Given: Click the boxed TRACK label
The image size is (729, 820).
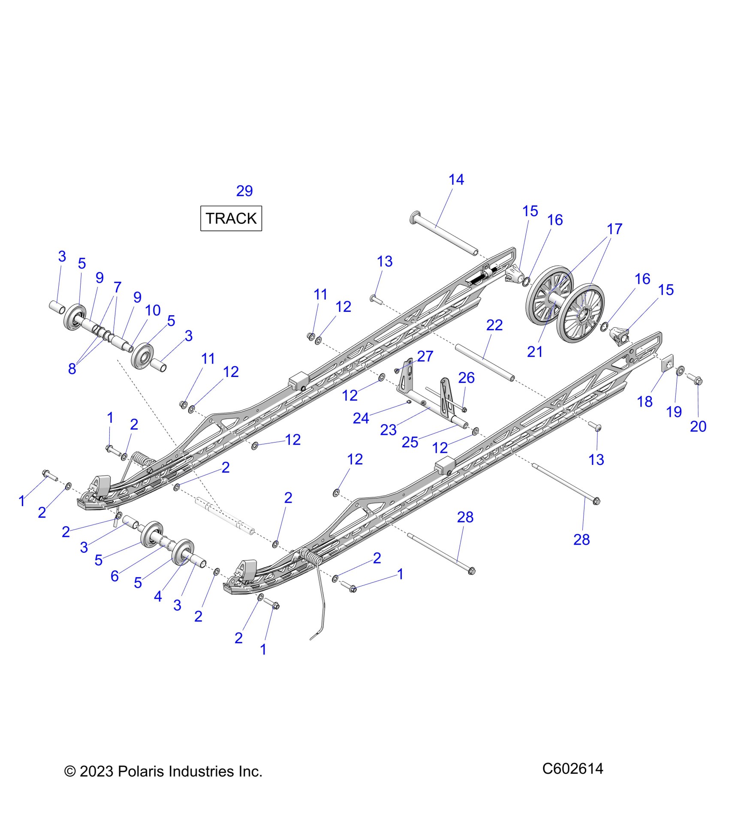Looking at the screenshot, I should pos(231,218).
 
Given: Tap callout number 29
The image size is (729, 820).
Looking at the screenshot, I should pos(244,191).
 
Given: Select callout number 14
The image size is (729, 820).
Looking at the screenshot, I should pos(456,180).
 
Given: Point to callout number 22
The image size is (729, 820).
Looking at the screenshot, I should pos(494,325).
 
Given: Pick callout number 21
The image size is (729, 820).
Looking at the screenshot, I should pos(535,352).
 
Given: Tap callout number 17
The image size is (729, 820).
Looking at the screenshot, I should pos(614,229).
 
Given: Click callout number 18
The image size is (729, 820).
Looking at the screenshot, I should pos(645,401).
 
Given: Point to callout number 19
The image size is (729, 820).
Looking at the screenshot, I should pos(674,412).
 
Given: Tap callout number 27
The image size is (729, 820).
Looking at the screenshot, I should pos(425,356).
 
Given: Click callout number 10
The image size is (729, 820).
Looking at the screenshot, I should pos(153,310).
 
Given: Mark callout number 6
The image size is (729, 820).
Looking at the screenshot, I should pos(114,576).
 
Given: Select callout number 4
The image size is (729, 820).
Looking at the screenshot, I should pos(158,596).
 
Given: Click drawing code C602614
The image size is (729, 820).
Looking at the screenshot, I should pos(572,769).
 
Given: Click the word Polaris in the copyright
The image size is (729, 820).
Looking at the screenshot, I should pos(142,772).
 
